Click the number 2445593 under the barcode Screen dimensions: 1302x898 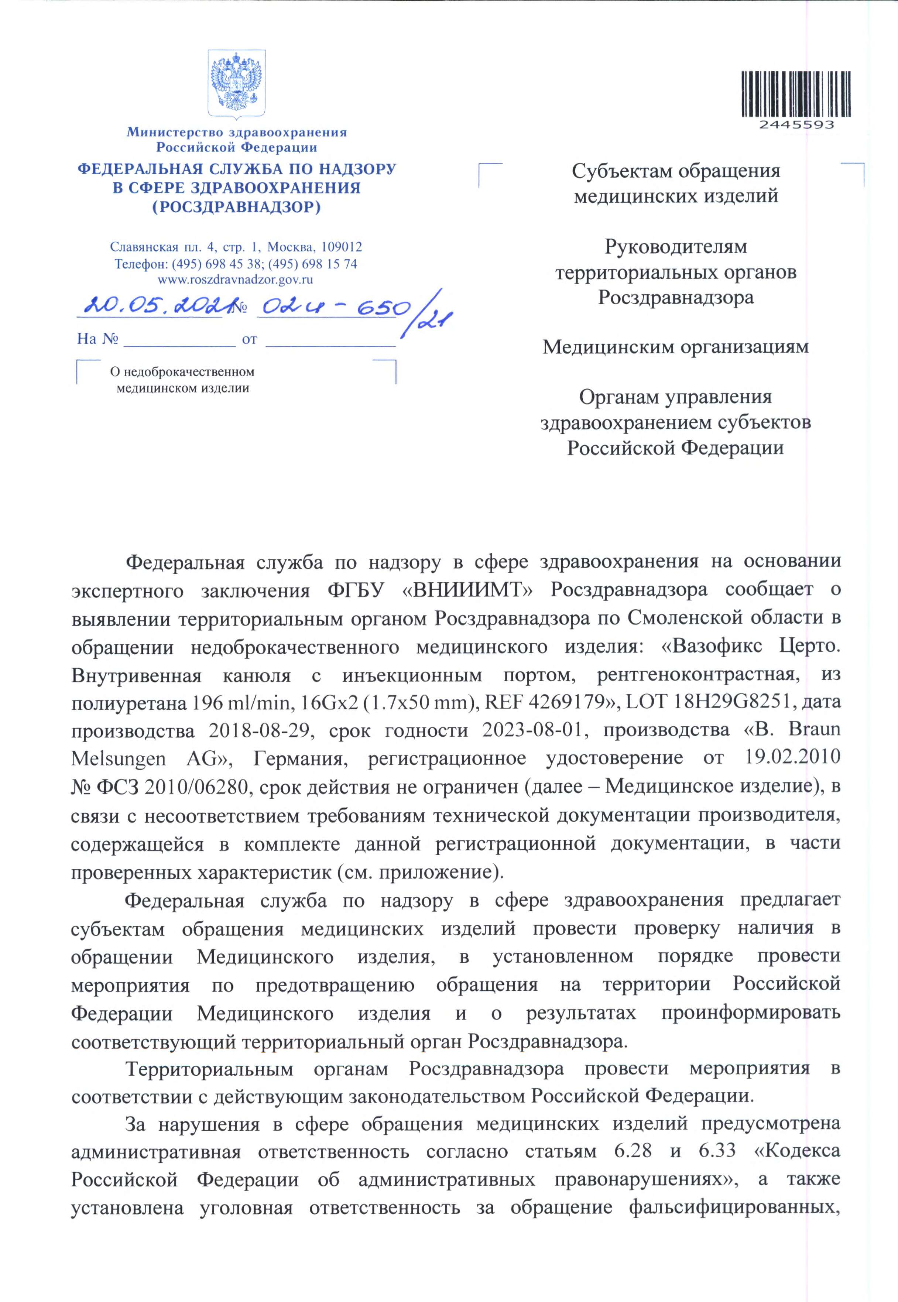[796, 125]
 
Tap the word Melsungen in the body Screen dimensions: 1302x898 [119, 758]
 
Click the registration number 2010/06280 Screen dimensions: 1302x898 [196, 787]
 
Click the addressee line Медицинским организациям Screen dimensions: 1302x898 [675, 347]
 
